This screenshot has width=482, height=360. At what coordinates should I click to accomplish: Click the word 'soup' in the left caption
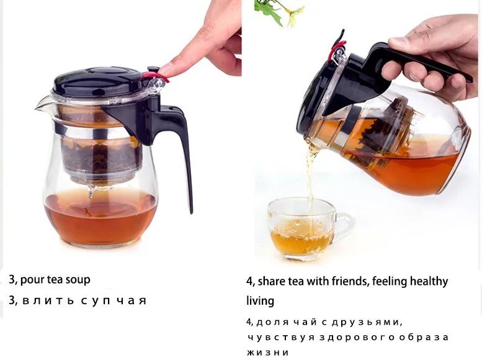click(78, 279)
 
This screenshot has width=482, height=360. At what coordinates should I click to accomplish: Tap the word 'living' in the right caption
click(260, 301)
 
